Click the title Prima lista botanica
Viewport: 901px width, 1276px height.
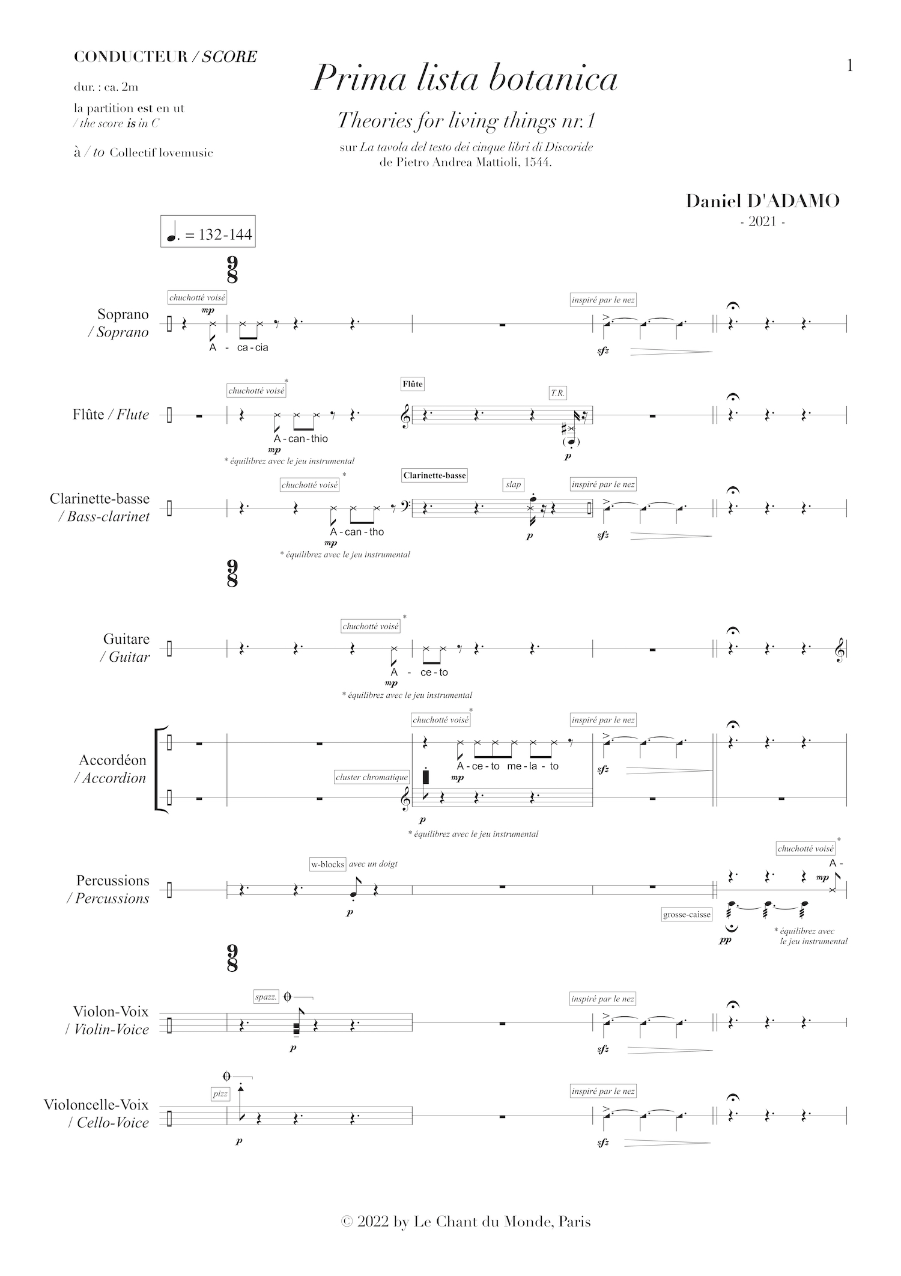[x=464, y=79]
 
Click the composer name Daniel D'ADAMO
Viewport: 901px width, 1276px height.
[x=763, y=201]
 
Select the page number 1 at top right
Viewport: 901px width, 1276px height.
[x=849, y=66]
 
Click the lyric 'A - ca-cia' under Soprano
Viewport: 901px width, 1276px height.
[x=238, y=347]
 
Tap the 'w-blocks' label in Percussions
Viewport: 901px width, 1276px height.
[x=327, y=864]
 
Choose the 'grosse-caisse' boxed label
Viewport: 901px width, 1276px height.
[x=687, y=915]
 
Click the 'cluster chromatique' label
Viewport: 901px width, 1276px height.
[x=372, y=777]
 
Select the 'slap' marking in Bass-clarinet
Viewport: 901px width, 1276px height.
[x=514, y=484]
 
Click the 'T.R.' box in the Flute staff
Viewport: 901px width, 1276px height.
[x=557, y=393]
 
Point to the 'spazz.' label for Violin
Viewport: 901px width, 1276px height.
[x=265, y=997]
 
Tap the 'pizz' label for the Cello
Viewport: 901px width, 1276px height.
[x=220, y=1094]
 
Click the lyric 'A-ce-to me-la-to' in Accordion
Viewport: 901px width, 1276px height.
[x=508, y=766]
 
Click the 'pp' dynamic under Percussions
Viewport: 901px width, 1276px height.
[x=725, y=940]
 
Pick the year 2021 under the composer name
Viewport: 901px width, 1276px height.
[x=763, y=221]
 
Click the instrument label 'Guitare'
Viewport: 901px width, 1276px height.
[x=126, y=639]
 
